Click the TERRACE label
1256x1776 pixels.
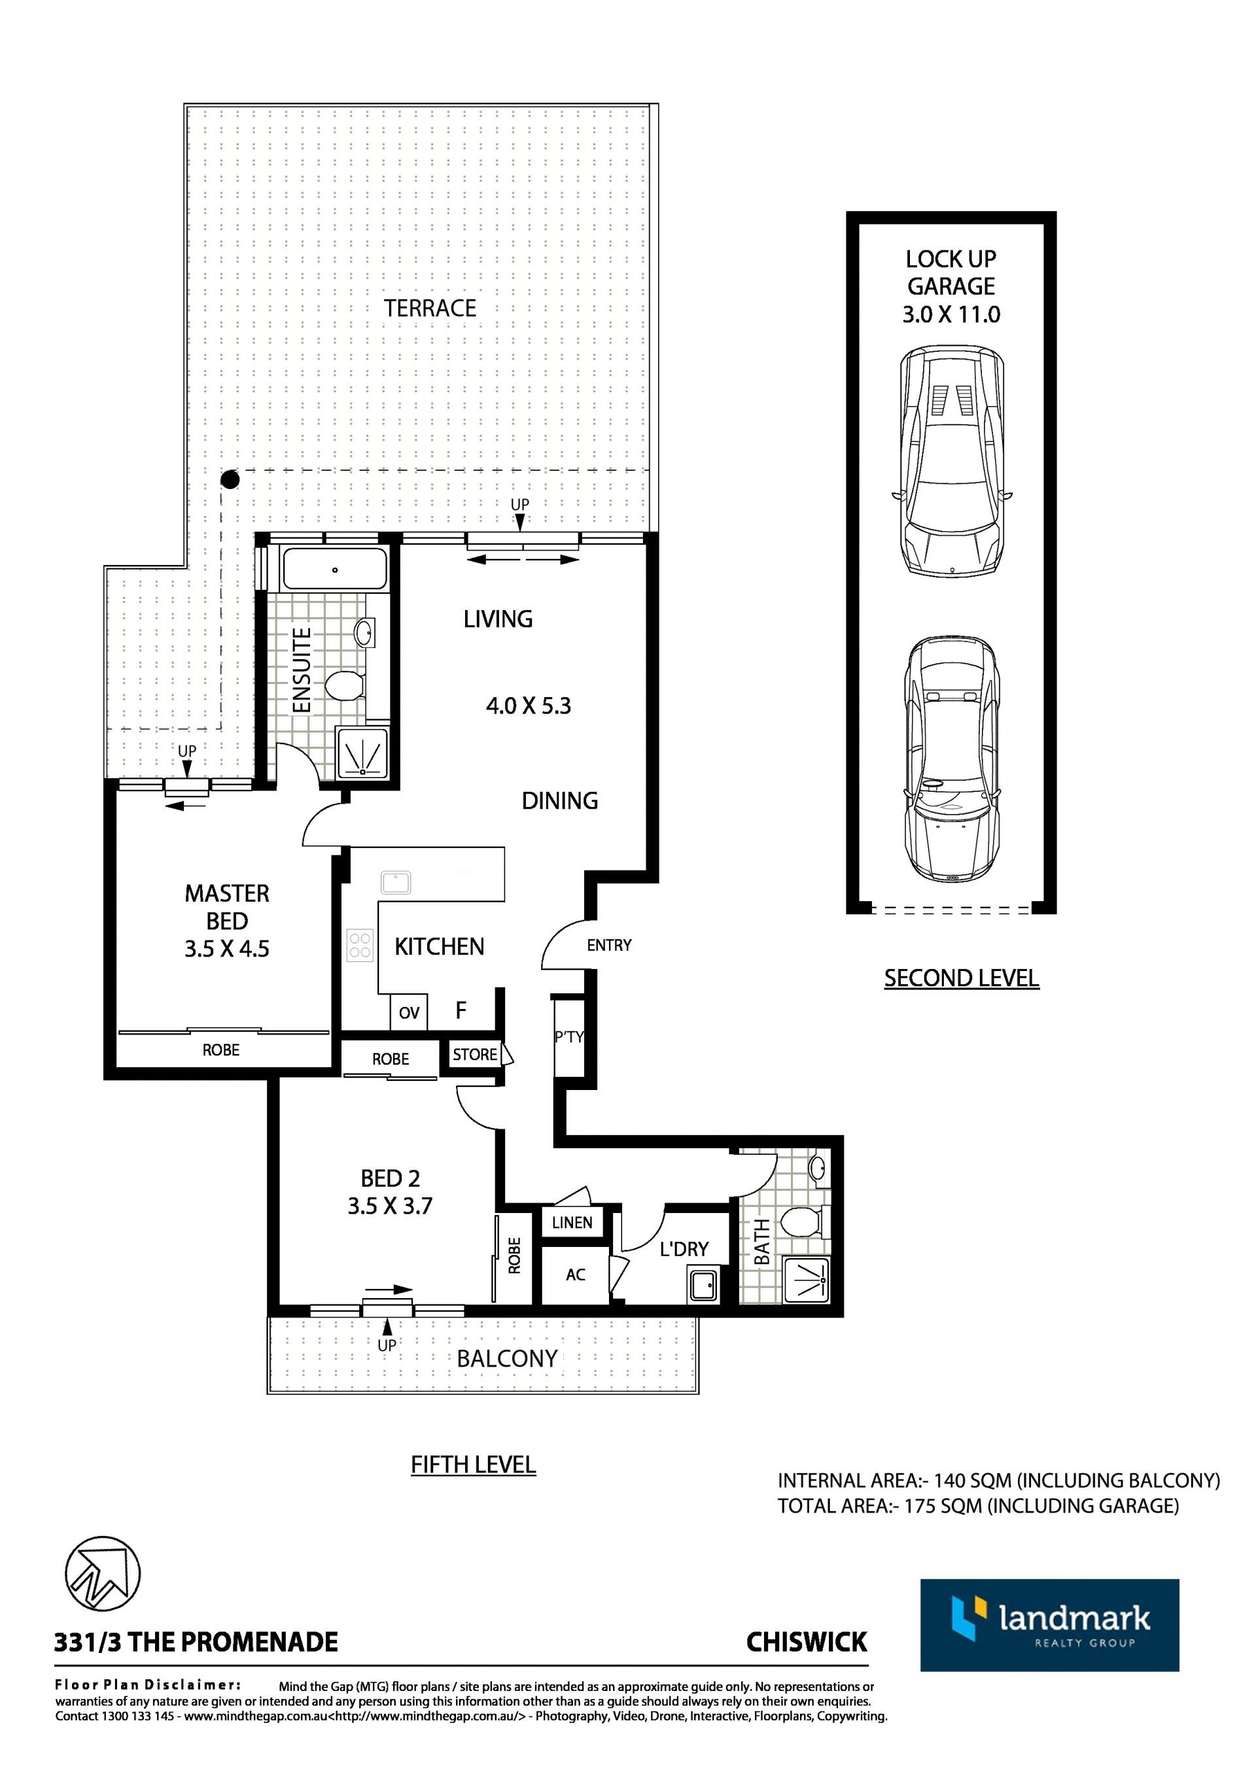coord(430,309)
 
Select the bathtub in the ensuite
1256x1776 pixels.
coord(334,570)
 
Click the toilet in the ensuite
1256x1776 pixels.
coord(346,685)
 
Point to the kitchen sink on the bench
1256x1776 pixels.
coord(396,882)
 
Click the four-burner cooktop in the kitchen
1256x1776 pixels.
coord(360,946)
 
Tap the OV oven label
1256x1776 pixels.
coord(409,1012)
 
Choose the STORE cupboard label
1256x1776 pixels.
coord(475,1054)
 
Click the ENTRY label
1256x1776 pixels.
coord(609,946)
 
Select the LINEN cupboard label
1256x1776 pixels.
coord(572,1222)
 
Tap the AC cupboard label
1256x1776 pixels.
coord(575,1274)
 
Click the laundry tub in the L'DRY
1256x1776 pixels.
coord(705,1286)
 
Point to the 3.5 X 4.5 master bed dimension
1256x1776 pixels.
coord(227,949)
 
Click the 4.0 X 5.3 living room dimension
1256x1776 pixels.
coord(529,706)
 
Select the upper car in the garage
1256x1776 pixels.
coord(952,461)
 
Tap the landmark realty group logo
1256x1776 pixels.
coord(1049,1625)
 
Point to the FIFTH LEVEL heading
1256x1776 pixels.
coord(473,1464)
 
